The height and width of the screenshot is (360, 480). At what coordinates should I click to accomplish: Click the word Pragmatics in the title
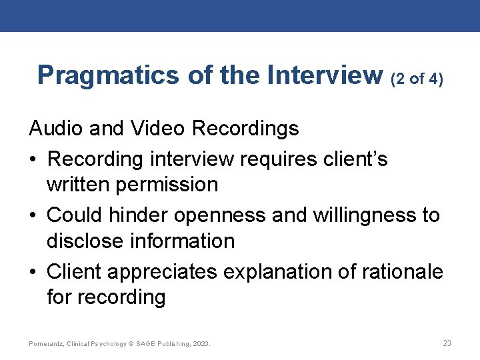point(109,75)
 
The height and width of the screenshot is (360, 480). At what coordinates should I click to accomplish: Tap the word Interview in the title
point(325,75)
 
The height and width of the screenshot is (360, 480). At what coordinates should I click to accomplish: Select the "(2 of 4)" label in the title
point(417,79)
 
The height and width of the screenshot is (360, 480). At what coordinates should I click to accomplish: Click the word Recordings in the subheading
point(245,128)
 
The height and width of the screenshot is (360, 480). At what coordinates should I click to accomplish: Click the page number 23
point(447,343)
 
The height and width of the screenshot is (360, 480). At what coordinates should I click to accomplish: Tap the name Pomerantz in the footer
point(45,344)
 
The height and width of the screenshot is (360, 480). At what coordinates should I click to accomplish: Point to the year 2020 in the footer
point(200,344)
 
